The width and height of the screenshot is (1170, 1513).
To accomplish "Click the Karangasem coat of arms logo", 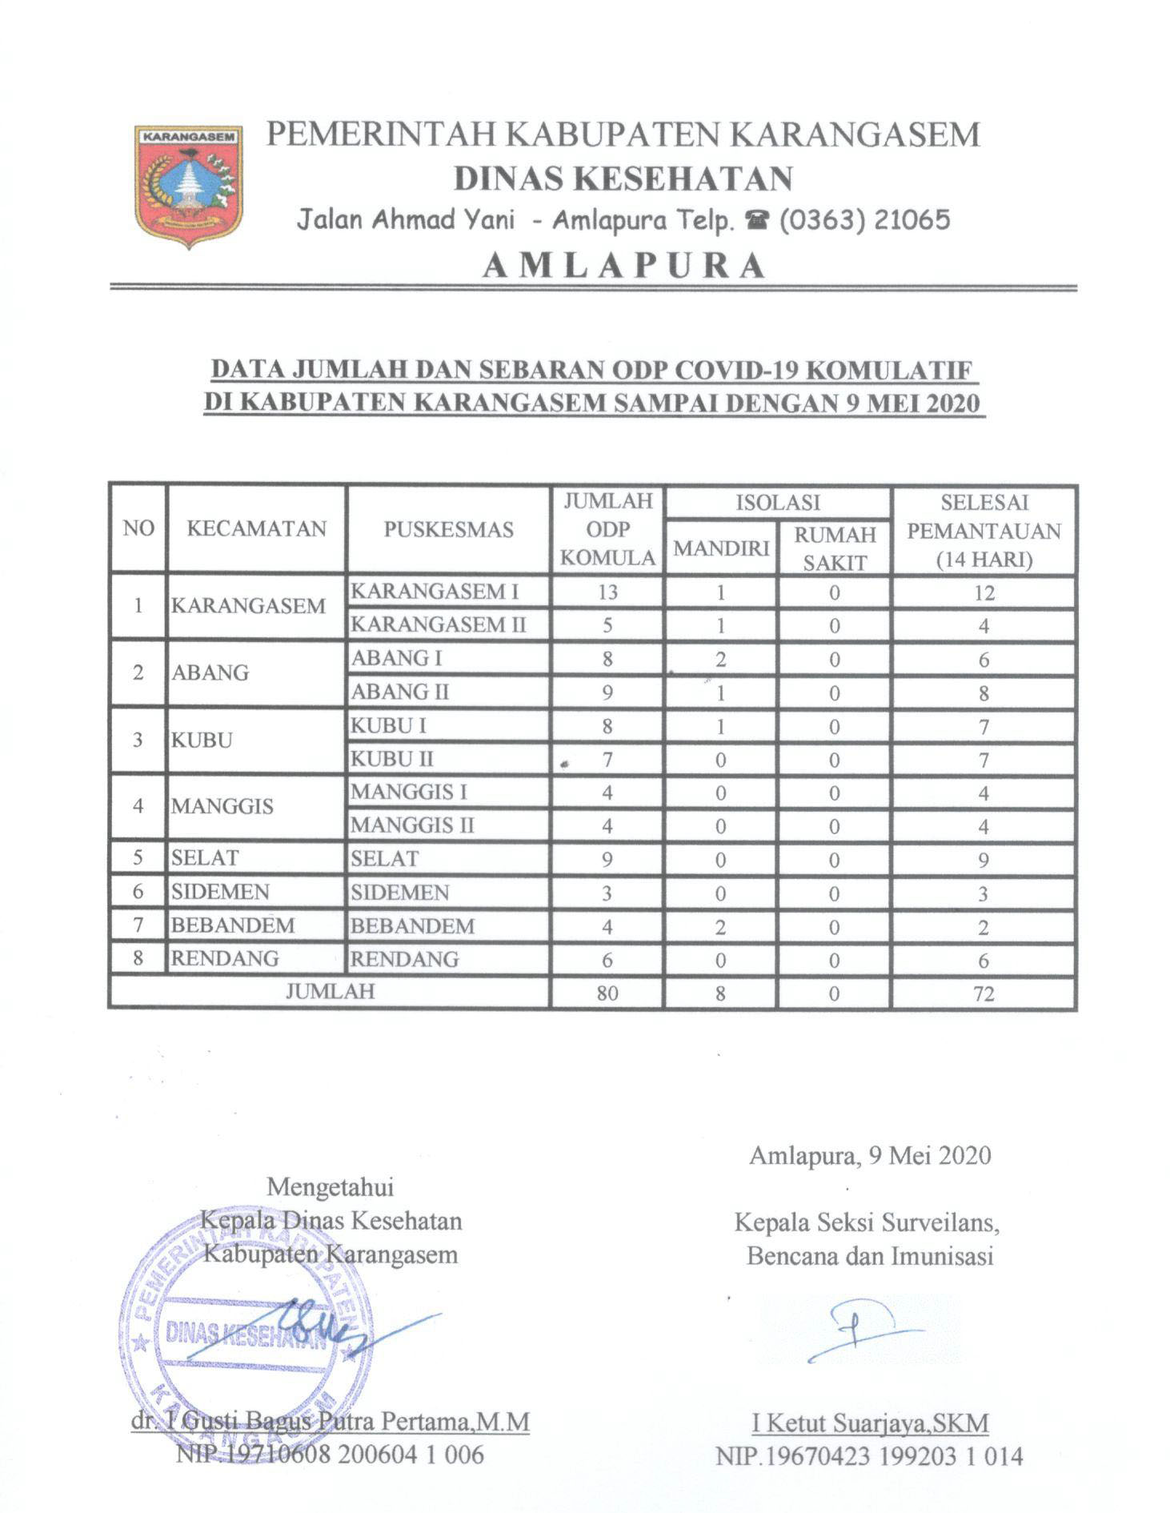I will click(190, 185).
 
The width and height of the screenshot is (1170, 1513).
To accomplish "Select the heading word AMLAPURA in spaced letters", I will click(624, 265).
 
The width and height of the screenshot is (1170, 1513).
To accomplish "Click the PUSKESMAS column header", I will click(448, 529).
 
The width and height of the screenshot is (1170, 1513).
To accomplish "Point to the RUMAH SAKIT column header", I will click(834, 548).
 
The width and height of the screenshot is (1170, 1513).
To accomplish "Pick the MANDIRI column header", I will click(720, 548).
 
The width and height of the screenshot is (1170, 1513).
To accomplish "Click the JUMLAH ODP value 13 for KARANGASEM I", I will click(607, 592).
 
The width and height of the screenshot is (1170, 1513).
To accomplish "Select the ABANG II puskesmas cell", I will click(400, 692).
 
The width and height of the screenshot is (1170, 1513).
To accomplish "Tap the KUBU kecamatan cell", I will click(202, 740).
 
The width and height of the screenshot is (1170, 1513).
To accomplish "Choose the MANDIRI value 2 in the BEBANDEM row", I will click(720, 927).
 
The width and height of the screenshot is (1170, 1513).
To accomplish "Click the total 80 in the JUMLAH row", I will click(607, 993).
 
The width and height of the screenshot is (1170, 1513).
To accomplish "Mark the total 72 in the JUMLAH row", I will click(984, 993).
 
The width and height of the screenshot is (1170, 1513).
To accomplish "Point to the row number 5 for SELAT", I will click(138, 858).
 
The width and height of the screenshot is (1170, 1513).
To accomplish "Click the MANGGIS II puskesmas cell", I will click(412, 825).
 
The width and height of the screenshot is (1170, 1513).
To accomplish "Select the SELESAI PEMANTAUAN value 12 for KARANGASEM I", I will click(984, 592).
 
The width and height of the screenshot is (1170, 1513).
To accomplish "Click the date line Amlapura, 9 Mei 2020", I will click(870, 1155).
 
